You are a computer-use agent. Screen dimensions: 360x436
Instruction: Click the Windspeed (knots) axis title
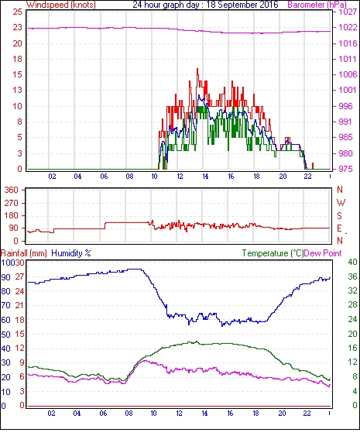tap(61, 5)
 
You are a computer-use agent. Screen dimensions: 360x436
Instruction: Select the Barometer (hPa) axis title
tap(317, 5)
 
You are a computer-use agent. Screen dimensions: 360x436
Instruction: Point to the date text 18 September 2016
tap(242, 5)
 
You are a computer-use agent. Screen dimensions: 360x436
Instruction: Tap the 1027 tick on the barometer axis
tap(348, 12)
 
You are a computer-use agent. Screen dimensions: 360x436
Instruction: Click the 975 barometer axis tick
tap(345, 169)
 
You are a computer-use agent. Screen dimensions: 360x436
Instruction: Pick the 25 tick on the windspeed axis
tap(17, 12)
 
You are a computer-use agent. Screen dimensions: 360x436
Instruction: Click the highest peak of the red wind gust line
tap(197, 69)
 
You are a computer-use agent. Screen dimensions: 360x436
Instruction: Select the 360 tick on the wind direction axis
tap(12, 191)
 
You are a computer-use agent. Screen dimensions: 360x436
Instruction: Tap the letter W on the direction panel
tap(341, 203)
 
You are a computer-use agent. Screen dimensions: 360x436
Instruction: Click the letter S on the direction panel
tap(339, 215)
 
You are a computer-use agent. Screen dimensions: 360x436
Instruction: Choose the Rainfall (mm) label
tap(24, 253)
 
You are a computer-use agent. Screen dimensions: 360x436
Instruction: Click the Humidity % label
tap(71, 253)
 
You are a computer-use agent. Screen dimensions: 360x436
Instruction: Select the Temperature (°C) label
tap(273, 253)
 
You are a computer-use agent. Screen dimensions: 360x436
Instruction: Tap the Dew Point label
tap(323, 253)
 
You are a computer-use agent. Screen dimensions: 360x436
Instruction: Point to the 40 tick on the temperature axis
tap(352, 262)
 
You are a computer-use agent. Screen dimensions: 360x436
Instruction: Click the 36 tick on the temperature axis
tap(352, 276)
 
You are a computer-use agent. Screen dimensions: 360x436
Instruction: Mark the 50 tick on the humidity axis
tap(6, 335)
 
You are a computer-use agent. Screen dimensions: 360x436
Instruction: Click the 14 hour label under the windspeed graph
tap(205, 177)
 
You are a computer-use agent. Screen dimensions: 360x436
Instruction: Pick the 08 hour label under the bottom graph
tap(129, 414)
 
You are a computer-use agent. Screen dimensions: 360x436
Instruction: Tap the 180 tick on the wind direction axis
tap(12, 215)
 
